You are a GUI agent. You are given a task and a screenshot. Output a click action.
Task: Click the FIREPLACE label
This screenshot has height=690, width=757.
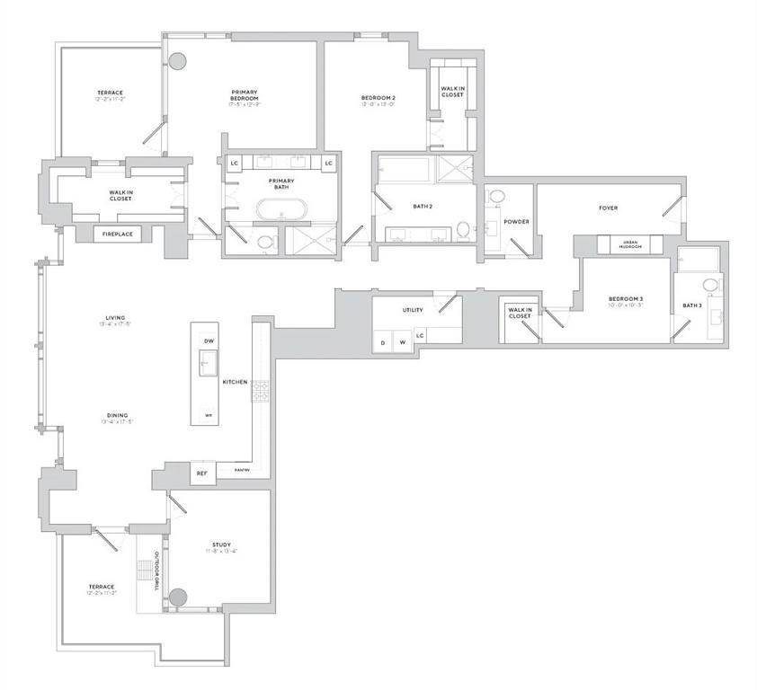117,234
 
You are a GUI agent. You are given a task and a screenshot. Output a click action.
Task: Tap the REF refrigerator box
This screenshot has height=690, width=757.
201,473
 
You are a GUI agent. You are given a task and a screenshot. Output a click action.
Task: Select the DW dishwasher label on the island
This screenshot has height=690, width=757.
209,341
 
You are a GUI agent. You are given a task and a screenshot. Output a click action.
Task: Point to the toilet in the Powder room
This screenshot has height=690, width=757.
495,198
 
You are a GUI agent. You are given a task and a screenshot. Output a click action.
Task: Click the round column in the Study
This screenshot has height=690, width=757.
178,597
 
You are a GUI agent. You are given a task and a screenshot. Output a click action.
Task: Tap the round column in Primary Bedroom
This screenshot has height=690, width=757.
178,62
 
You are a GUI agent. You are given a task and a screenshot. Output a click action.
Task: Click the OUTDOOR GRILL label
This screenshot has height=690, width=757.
157,570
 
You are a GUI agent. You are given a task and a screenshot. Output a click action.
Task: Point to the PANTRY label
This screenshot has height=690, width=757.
242,470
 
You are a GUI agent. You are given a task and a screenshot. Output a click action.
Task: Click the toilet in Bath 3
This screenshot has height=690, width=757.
708,286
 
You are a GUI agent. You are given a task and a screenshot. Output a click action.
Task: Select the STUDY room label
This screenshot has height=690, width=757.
221,545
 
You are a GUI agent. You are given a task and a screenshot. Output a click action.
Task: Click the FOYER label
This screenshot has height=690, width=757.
609,208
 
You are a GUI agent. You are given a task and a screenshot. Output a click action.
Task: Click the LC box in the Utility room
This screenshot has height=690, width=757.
421,335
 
